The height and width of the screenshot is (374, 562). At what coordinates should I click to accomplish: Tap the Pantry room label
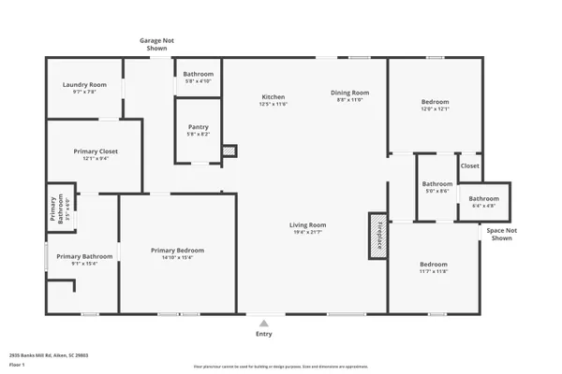pos(198,127)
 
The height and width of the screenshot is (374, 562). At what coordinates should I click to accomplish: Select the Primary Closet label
pos(96,151)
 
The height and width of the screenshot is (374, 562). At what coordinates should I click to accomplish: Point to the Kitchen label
pos(273,97)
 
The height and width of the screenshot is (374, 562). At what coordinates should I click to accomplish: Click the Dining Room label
pos(350,93)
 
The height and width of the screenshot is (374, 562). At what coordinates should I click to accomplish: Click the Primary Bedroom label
pos(177,250)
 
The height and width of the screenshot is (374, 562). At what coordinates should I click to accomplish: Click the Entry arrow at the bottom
pos(264,322)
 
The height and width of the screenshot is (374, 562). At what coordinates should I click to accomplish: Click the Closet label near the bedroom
pos(469,165)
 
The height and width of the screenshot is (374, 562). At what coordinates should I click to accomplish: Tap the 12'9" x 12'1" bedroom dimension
pos(435,108)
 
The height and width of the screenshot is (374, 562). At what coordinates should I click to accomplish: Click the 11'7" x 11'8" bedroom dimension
pos(433,271)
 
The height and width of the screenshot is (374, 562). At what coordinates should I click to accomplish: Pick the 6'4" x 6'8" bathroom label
pos(483,205)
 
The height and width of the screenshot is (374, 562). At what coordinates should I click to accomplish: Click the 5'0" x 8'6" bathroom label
pos(436,191)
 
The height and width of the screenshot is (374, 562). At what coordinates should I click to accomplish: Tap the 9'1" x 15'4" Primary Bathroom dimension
pos(83,264)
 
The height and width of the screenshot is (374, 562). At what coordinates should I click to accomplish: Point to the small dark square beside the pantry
pos(230,150)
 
